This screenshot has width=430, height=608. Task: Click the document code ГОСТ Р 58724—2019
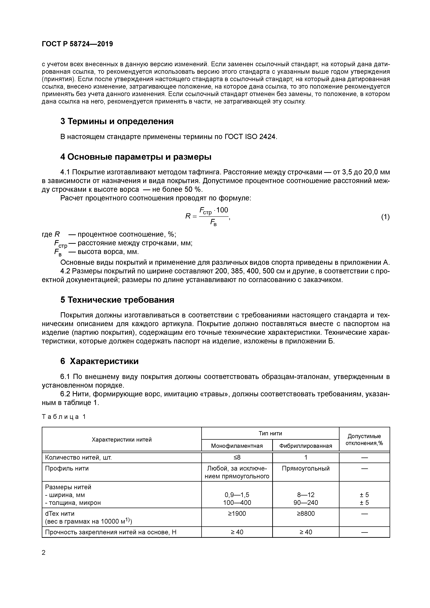tap(77, 44)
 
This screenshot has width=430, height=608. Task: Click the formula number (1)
tap(385, 217)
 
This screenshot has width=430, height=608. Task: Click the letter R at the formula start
tap(188, 216)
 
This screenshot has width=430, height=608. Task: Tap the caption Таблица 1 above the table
tap(64, 417)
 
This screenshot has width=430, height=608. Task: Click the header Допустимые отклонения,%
tap(364, 440)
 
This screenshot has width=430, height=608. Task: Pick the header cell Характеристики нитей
tap(122, 440)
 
